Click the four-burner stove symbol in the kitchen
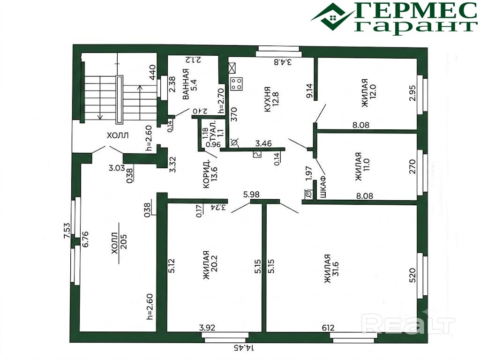point(237,84)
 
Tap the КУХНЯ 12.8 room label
point(270,99)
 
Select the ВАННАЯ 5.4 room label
point(189,84)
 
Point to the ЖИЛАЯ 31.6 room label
point(331,269)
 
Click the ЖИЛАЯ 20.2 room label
point(210,265)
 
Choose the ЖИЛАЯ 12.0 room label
point(368,93)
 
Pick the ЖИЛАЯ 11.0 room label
point(363,166)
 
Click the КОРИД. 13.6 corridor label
point(210,173)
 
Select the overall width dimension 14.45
point(244,348)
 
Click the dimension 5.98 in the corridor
point(251,195)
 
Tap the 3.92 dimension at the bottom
point(207,328)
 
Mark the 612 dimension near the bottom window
point(328,328)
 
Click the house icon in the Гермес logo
point(334,17)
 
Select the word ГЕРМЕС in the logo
point(417,11)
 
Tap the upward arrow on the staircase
point(140,103)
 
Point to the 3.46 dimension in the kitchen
point(263,143)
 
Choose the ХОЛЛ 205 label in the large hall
point(119,243)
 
